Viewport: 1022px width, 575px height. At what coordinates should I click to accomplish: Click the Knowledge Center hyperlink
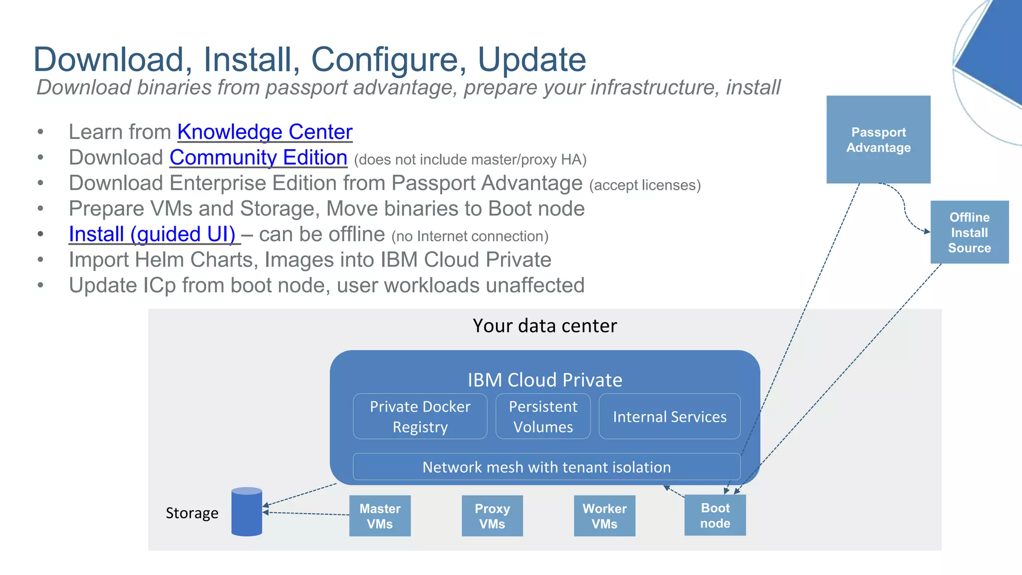pos(264,132)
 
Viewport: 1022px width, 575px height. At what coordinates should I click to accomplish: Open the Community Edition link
pos(258,158)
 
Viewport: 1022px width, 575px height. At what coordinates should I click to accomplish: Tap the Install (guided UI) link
pos(152,234)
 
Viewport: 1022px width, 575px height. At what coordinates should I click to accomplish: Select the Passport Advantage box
pos(878,140)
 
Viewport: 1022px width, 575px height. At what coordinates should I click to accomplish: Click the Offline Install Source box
pos(969,232)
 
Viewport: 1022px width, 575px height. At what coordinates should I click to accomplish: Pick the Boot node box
pos(715,515)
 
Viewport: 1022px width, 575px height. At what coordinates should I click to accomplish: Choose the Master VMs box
pos(380,516)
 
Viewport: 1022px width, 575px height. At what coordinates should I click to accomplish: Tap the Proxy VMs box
pos(492,516)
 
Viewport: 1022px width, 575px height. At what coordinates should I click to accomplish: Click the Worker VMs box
pos(604,516)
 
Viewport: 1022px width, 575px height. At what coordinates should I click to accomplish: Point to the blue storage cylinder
pos(247,512)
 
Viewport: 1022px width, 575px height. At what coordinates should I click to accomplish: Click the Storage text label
pos(192,513)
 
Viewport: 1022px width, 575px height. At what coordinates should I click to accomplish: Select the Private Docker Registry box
pos(420,416)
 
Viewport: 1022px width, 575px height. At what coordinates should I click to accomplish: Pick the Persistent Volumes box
pos(542,416)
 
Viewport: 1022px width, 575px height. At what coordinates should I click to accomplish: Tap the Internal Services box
pos(669,416)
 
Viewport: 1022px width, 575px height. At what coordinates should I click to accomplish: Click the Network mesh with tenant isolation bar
pos(546,467)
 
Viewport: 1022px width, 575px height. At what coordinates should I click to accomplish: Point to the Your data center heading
pos(544,326)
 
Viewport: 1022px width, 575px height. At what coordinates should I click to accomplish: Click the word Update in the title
pos(531,59)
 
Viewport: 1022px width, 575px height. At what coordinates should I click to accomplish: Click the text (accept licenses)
pos(645,185)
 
